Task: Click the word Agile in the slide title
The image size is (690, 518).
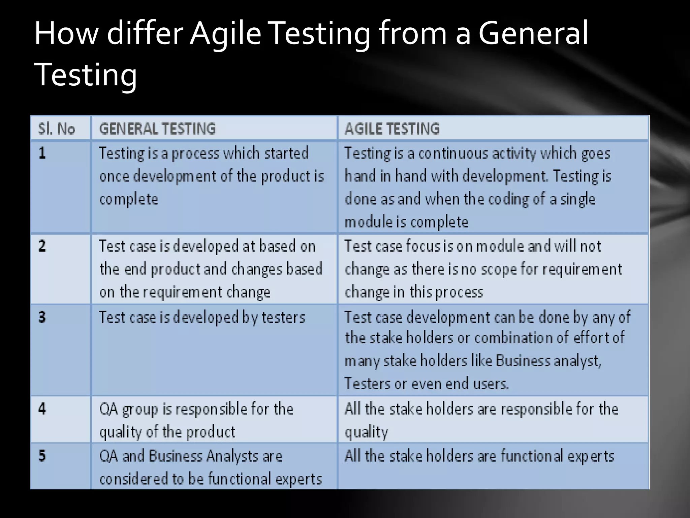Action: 225,33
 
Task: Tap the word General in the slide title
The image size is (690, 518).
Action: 533,33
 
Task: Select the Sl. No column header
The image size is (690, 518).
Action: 57,129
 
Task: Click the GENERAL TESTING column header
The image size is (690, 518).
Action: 157,129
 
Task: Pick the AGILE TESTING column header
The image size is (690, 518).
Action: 392,129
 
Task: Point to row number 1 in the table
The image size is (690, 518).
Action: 42,153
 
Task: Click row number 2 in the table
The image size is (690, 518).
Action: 42,246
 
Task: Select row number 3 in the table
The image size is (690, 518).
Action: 42,317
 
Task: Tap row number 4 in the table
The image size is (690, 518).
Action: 42,409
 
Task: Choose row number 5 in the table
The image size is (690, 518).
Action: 42,456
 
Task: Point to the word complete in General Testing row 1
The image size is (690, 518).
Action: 128,199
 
